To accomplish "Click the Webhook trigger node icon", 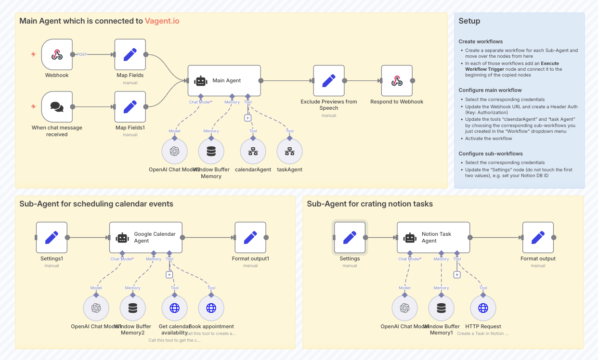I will [x=57, y=54].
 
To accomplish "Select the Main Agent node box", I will [x=224, y=81].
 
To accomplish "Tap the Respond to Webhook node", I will [x=397, y=81].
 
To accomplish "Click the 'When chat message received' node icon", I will [x=57, y=107].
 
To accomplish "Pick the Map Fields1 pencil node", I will [x=130, y=107].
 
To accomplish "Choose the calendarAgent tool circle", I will [x=253, y=151].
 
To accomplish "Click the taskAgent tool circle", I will [x=289, y=151].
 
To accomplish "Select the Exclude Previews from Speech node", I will [x=329, y=81].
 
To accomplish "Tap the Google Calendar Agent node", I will [x=145, y=237].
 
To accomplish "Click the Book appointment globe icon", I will [x=211, y=308].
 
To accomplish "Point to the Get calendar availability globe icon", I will [x=174, y=308].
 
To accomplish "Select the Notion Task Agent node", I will [x=433, y=237].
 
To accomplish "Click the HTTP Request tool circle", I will [x=483, y=308].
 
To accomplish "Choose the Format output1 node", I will [x=250, y=237].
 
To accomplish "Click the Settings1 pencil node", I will [x=52, y=237].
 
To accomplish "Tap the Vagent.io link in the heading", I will [x=162, y=21].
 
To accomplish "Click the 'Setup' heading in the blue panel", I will [x=469, y=21].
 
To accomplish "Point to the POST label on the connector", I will [x=82, y=54].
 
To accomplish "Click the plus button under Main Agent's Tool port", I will [x=247, y=117].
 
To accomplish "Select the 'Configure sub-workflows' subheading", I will [x=490, y=154].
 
